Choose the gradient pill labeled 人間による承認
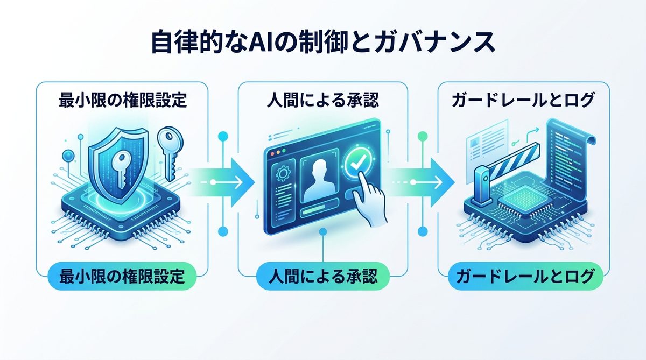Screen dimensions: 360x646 (322, 277)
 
